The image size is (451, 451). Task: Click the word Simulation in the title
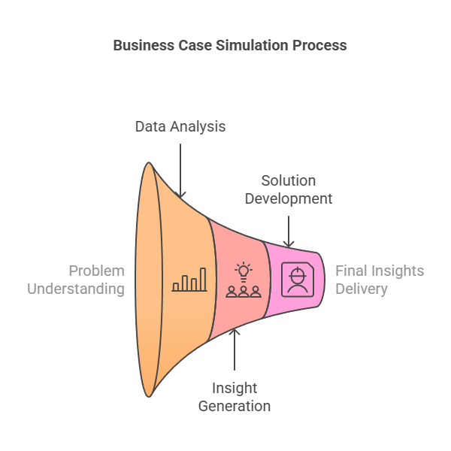252,45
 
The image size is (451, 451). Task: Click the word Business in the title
144,45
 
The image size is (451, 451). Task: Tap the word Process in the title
319,45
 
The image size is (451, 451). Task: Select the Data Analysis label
180,126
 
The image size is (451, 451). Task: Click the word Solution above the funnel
289,180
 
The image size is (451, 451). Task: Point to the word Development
289,198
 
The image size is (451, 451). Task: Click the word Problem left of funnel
97,271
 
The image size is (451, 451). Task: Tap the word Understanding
76,289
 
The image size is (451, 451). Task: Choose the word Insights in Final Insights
398,271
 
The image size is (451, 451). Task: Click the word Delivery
362,289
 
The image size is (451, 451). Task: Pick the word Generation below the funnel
235,406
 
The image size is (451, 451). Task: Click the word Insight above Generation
235,388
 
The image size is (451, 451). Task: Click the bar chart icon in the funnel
189,280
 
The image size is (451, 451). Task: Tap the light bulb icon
244,272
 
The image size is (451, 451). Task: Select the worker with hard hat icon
298,280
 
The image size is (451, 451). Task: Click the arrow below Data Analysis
180,171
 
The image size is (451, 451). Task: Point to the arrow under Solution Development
289,232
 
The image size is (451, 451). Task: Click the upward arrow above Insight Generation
235,350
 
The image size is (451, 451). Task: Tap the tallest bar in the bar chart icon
203,280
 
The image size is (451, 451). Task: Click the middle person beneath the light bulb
244,292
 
